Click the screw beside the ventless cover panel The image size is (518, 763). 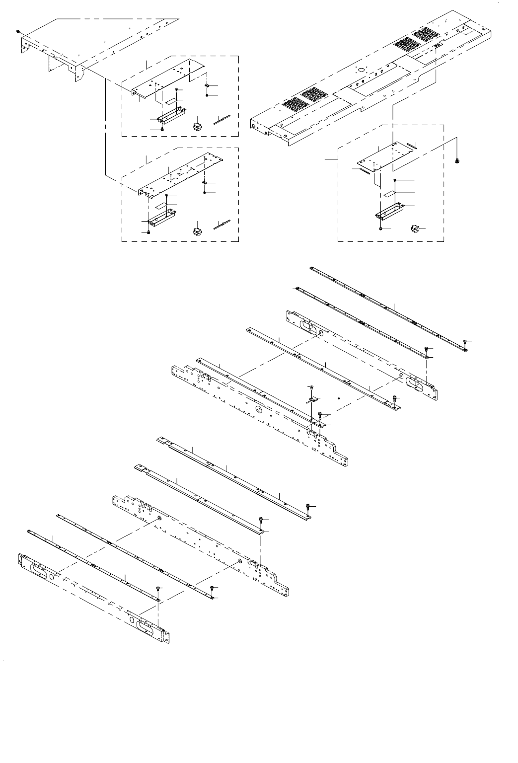(x=18, y=31)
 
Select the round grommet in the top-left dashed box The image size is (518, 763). (x=198, y=125)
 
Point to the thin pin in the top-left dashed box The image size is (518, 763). (x=222, y=119)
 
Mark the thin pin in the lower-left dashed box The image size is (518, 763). (x=222, y=224)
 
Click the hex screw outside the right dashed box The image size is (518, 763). (x=456, y=161)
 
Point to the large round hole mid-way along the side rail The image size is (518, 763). (x=259, y=408)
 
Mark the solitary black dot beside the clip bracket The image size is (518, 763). (x=338, y=398)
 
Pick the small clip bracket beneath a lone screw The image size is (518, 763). (x=312, y=399)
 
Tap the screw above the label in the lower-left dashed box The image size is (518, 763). (x=167, y=197)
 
